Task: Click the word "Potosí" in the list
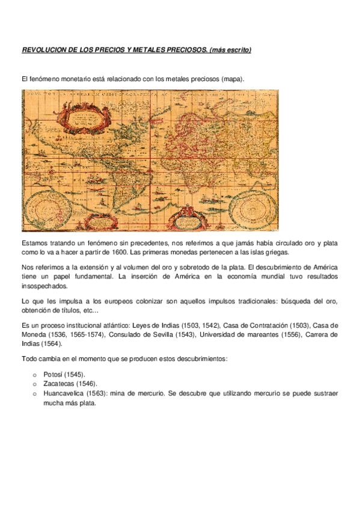tap(53, 374)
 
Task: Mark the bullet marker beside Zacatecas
tap(35, 384)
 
